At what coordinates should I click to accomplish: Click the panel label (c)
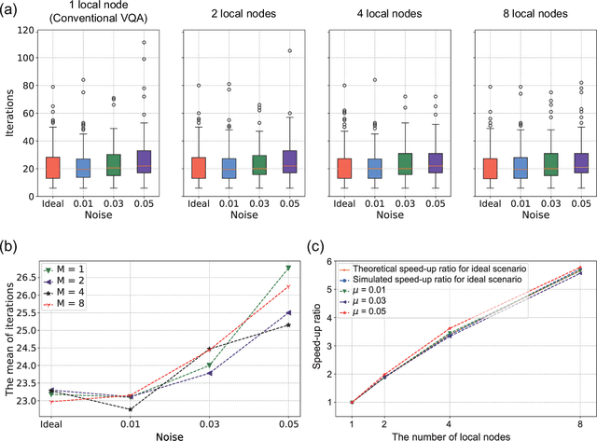(315, 244)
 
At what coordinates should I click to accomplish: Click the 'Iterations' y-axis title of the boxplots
(8, 108)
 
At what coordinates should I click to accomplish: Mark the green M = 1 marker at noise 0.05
(285, 268)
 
